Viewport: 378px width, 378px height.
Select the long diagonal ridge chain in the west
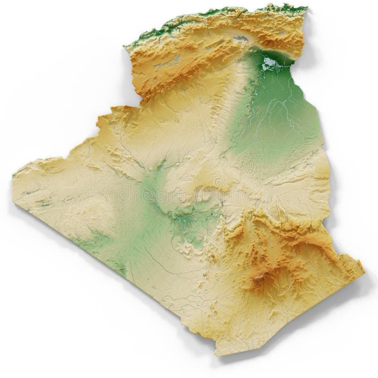(x=118, y=151)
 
